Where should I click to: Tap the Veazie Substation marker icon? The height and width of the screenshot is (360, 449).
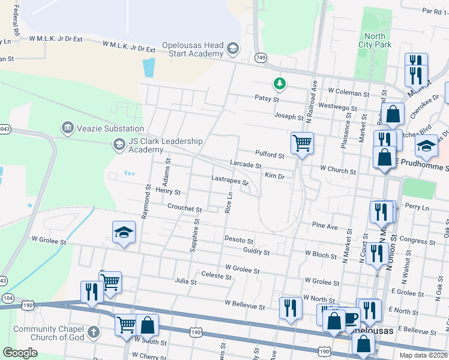pyautogui.click(x=67, y=128)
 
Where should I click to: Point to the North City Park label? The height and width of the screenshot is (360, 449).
pyautogui.click(x=375, y=40)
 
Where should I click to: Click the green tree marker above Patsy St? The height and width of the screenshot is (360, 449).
pyautogui.click(x=279, y=83)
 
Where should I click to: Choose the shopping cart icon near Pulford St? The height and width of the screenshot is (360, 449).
pyautogui.click(x=302, y=143)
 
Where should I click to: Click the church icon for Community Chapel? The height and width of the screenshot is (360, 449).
pyautogui.click(x=93, y=332)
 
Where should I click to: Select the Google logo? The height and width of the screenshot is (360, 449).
pyautogui.click(x=20, y=352)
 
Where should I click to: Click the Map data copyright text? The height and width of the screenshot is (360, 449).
pyautogui.click(x=423, y=355)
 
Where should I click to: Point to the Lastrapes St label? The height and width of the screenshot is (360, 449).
pyautogui.click(x=230, y=179)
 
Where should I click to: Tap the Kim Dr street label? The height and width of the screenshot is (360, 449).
pyautogui.click(x=274, y=175)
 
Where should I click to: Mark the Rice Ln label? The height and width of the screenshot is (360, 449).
pyautogui.click(x=229, y=203)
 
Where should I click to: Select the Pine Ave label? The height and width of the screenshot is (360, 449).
pyautogui.click(x=325, y=226)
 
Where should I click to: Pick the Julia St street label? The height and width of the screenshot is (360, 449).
pyautogui.click(x=186, y=280)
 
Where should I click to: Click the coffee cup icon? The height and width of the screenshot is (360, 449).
pyautogui.click(x=350, y=317)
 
